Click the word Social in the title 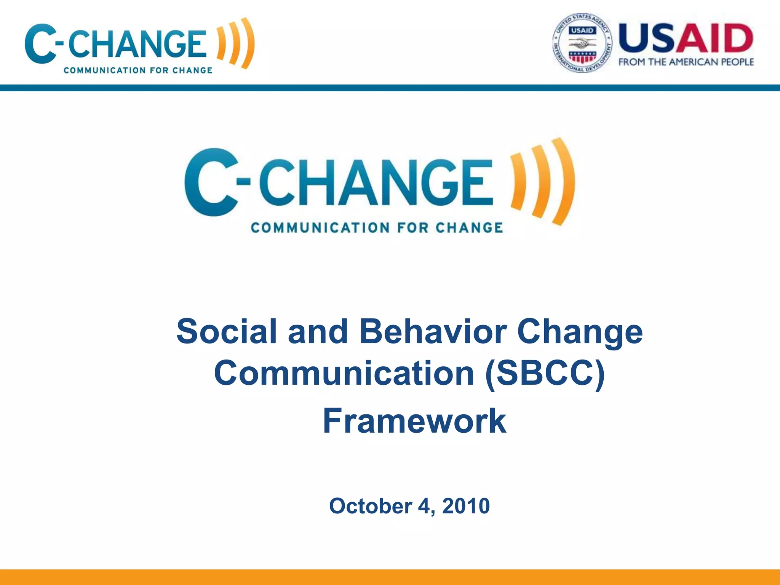(x=226, y=331)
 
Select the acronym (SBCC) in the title (x=545, y=374)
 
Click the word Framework (x=414, y=421)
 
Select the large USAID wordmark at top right (x=686, y=38)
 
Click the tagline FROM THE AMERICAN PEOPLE (x=686, y=62)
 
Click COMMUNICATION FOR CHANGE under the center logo (x=377, y=228)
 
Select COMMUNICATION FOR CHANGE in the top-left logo (x=138, y=70)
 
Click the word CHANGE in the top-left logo (x=137, y=44)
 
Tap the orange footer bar (x=390, y=577)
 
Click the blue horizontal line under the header (x=390, y=88)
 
